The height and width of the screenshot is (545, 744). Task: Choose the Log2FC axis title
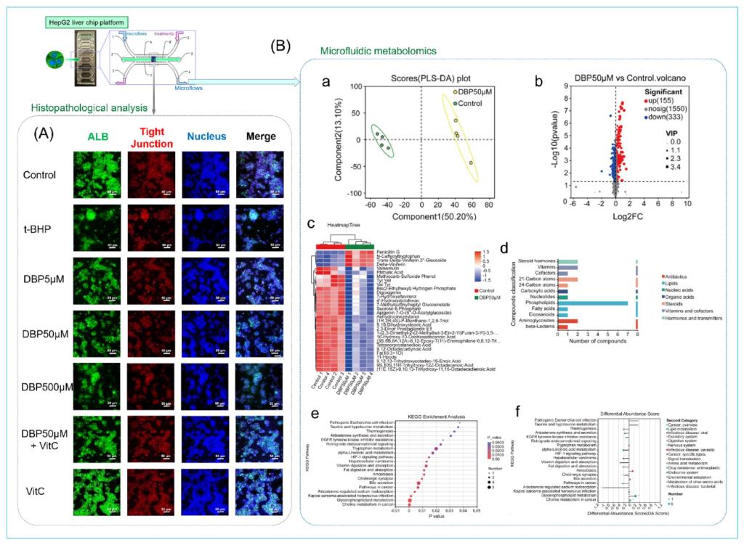point(615,216)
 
